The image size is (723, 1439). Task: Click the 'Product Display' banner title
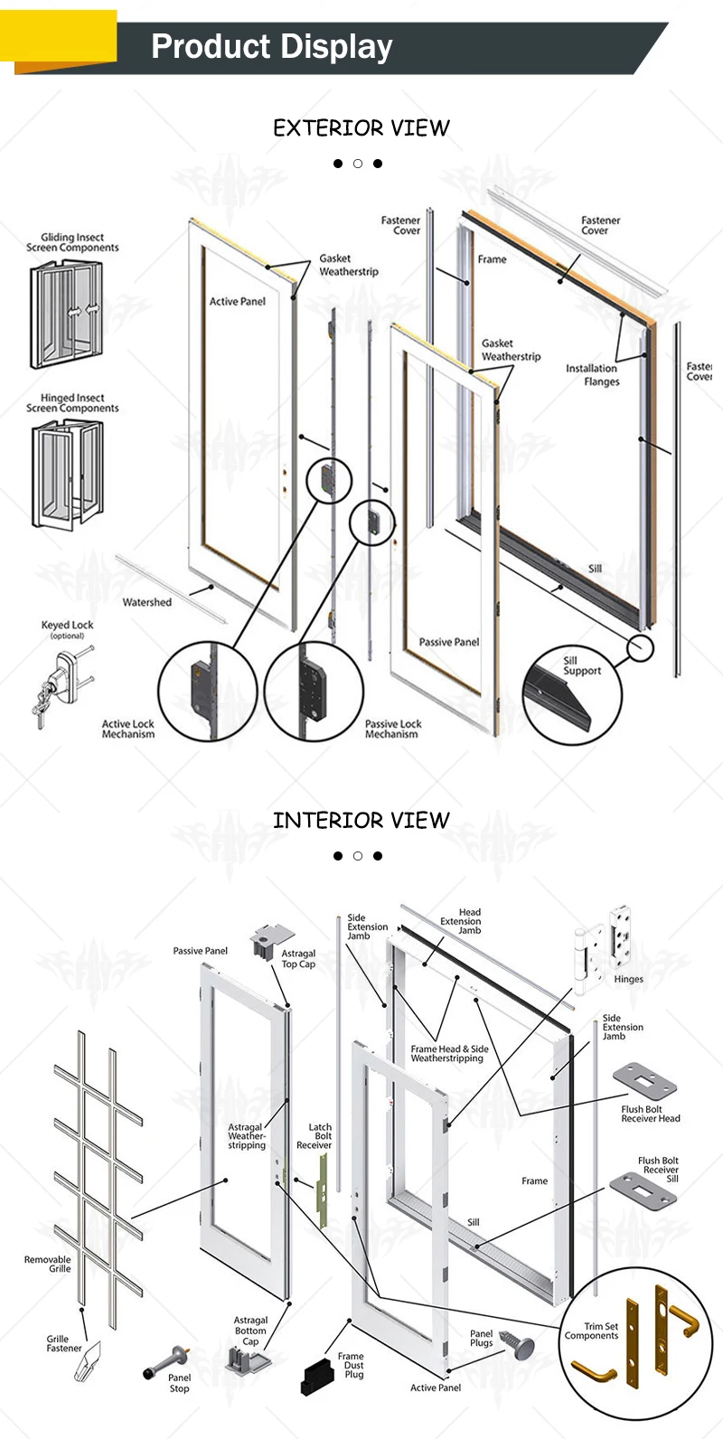click(271, 46)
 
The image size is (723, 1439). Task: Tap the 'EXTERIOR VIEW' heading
click(361, 128)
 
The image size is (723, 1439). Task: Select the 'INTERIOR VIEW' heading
click(361, 821)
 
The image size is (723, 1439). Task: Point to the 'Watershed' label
click(146, 602)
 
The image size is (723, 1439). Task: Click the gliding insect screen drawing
click(66, 314)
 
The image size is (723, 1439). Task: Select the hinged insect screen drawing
click(67, 474)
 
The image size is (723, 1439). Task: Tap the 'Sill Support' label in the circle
click(581, 665)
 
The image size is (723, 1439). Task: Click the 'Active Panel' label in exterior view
click(238, 301)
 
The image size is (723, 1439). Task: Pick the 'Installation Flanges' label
click(593, 374)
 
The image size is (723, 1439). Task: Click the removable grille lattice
click(98, 1166)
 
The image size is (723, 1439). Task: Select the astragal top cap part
click(272, 942)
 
